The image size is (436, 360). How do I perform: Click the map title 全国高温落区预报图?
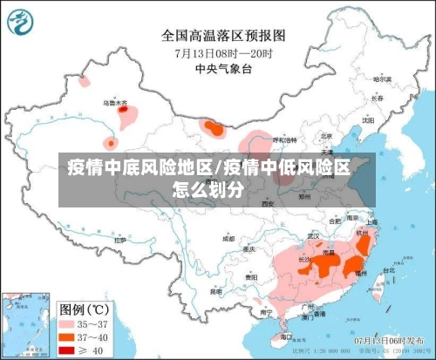click(224, 36)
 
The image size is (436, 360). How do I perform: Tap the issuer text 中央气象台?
click(224, 68)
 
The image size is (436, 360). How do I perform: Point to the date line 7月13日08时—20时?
click(224, 52)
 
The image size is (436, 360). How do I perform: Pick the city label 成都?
click(228, 237)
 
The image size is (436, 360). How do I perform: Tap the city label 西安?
click(266, 202)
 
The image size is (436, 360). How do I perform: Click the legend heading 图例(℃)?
click(84, 308)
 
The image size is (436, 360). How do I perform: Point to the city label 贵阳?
click(253, 276)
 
